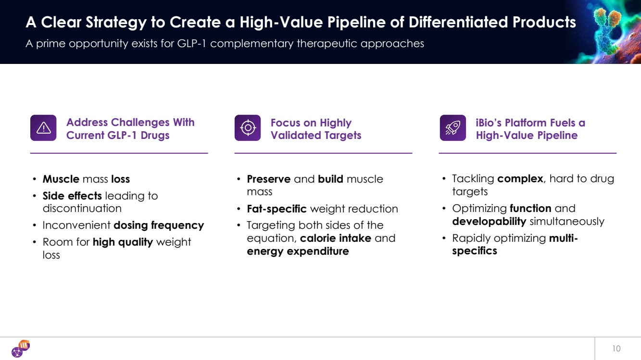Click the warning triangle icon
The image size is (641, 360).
(43, 128)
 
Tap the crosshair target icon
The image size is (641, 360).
(248, 128)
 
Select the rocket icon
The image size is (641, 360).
(452, 128)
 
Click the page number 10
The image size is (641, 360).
(616, 348)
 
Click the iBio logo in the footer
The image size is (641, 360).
(21, 348)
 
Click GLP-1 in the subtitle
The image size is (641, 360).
(192, 43)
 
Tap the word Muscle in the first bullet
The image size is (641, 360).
(61, 179)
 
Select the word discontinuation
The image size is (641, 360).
(82, 209)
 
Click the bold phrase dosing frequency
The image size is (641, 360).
(159, 225)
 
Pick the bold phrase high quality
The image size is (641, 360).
(123, 242)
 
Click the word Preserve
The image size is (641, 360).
(269, 179)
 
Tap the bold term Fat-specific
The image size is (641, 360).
(277, 209)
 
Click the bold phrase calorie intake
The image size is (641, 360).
(335, 238)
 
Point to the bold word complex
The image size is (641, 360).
(520, 179)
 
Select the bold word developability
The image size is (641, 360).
(489, 222)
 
